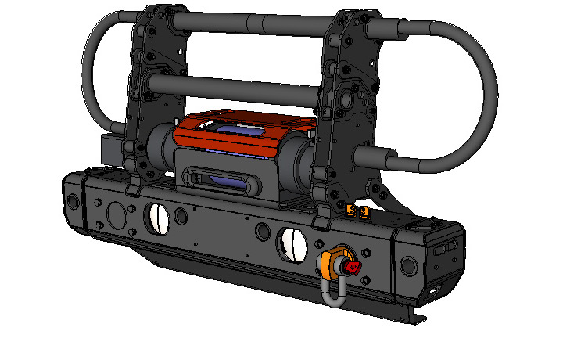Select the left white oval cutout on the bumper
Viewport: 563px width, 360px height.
coord(158,218)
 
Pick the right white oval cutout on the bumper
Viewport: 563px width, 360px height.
coord(294,246)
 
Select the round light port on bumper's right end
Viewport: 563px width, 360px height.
coord(407,265)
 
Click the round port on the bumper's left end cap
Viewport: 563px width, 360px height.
coord(73,201)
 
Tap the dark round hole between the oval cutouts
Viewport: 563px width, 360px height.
coord(261,232)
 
